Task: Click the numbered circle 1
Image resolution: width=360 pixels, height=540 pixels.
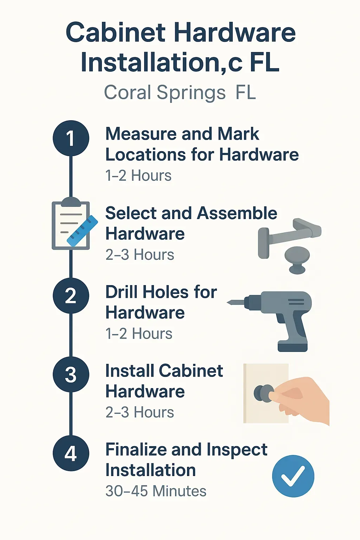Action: pos(71,138)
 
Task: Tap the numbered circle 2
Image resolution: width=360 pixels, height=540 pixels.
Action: pos(71,296)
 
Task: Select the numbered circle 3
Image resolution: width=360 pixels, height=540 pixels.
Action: pos(71,374)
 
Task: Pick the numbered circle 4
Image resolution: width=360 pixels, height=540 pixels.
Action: pos(71,453)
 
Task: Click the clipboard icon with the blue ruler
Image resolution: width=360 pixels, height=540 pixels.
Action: pos(72,225)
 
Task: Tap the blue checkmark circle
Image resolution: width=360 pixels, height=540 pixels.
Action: pos(293,476)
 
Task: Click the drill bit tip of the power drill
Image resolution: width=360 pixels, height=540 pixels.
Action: pos(231,302)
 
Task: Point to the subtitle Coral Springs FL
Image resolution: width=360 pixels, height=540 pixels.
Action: pos(180,93)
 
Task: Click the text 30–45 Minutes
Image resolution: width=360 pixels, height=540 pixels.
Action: pos(156,491)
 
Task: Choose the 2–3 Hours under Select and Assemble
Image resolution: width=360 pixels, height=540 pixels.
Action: pos(140,255)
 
